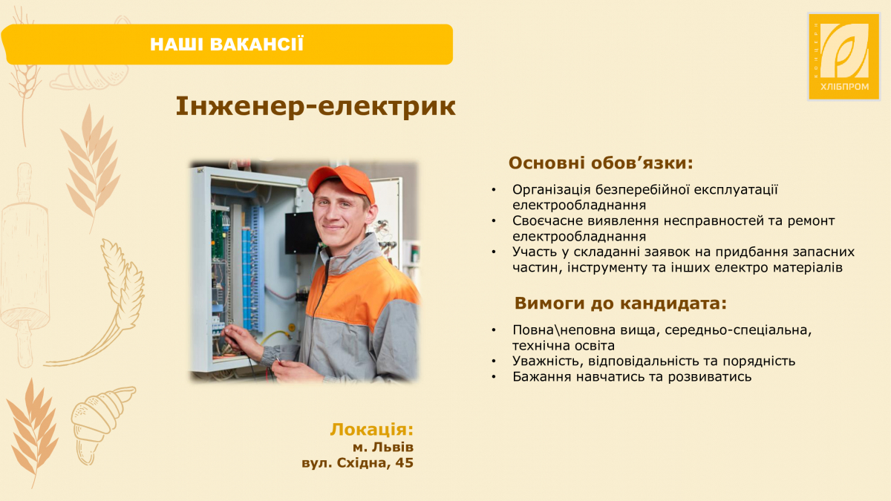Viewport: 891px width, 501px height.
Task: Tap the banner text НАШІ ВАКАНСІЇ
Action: [226, 44]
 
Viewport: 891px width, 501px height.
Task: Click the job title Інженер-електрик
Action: [316, 107]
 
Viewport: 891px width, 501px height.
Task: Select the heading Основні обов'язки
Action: [601, 163]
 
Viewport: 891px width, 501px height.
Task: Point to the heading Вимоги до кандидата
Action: [620, 304]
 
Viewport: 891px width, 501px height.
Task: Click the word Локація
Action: [371, 430]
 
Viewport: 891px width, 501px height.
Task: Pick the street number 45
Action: [404, 463]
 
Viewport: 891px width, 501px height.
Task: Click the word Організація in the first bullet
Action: [550, 190]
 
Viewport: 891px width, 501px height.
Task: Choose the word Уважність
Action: [547, 361]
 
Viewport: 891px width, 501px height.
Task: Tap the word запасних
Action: [823, 252]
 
